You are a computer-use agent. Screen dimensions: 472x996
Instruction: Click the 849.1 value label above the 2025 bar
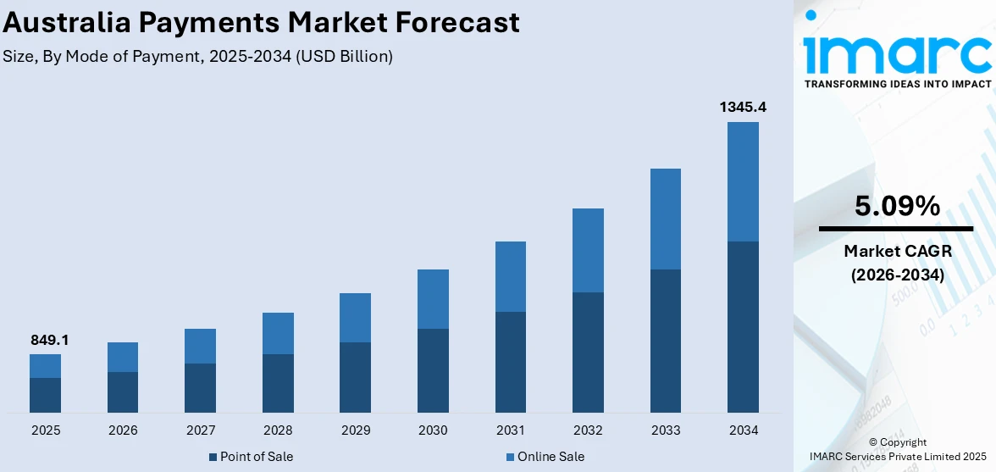(48, 340)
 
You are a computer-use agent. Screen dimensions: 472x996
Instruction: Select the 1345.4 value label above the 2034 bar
(743, 107)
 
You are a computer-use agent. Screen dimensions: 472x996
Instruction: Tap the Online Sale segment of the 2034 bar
(743, 181)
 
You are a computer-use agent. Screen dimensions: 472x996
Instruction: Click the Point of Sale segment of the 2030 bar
(433, 370)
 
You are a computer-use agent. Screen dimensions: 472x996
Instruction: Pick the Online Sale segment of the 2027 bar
(200, 346)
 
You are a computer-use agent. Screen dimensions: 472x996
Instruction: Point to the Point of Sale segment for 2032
(588, 353)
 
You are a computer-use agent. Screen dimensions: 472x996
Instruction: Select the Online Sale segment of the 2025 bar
(45, 365)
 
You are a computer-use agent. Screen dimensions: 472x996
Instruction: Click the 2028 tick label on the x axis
(278, 430)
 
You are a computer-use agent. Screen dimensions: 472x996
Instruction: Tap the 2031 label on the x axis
(510, 430)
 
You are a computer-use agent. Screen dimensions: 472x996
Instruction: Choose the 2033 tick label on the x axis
(666, 430)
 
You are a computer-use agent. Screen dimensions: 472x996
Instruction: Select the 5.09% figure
(896, 206)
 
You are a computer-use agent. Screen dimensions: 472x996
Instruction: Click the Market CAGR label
(896, 251)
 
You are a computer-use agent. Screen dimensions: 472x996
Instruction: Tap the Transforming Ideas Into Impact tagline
(897, 84)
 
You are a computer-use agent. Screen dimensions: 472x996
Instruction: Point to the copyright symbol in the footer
(873, 442)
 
